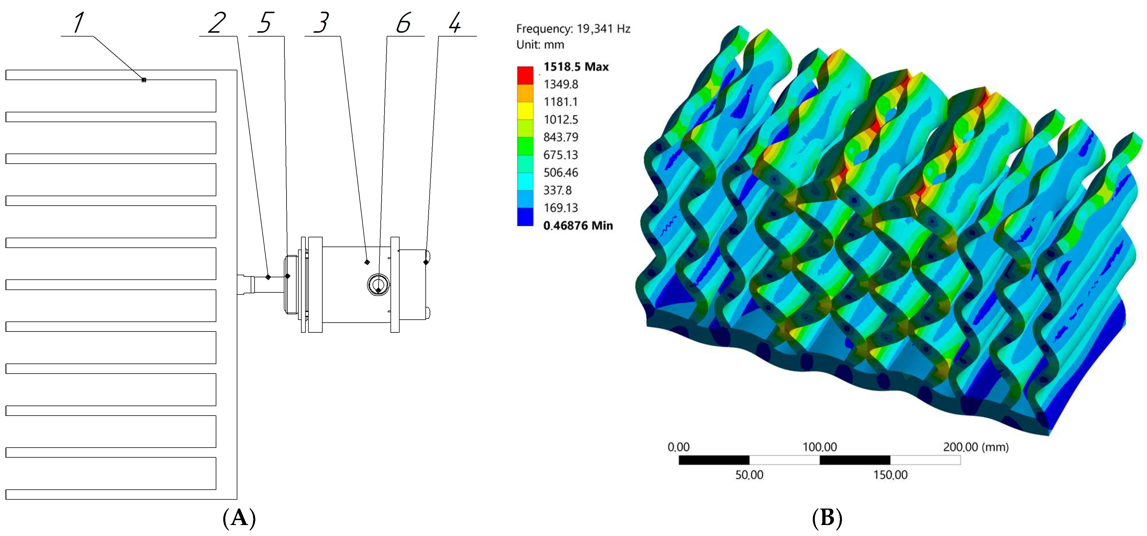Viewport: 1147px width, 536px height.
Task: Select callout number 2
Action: [217, 23]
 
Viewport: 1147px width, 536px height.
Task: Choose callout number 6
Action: [404, 23]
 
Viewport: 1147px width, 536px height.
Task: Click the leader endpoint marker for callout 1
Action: [144, 80]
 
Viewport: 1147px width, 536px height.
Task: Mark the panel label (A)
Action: [239, 518]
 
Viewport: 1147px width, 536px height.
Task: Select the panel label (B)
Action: [827, 518]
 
